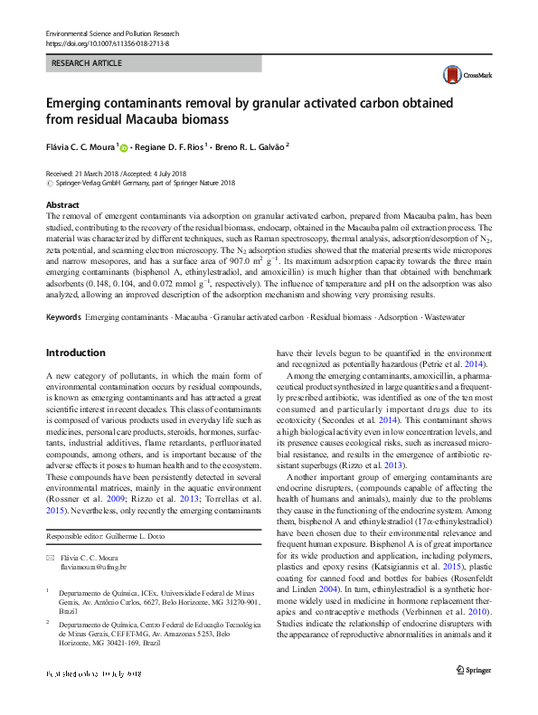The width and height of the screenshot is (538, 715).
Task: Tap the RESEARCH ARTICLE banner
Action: [86, 65]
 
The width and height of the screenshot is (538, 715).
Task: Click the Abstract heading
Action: [62, 205]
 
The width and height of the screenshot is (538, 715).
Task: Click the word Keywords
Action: [63, 292]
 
